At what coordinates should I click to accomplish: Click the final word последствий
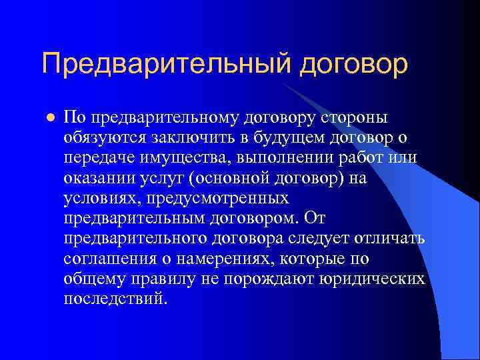tap(114, 299)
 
